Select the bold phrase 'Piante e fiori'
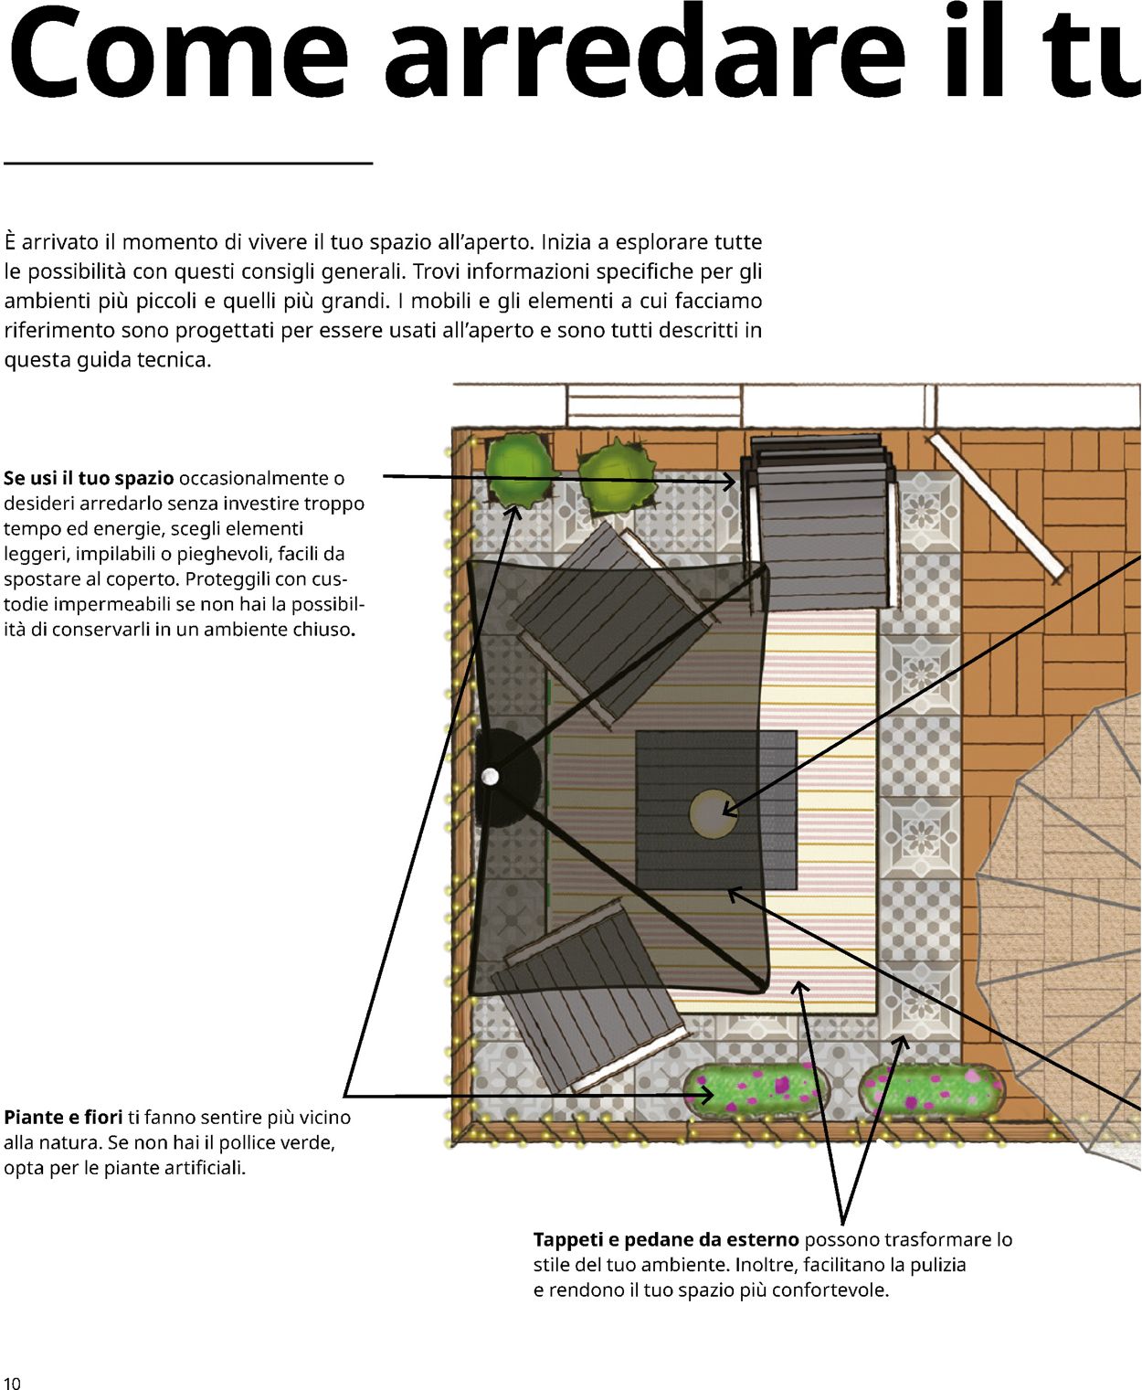63,1117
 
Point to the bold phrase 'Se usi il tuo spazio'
89,478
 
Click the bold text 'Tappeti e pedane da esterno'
666,1239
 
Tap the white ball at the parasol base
490,777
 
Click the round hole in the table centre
713,813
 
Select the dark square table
716,810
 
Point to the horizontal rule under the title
188,162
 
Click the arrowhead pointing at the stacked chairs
728,481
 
